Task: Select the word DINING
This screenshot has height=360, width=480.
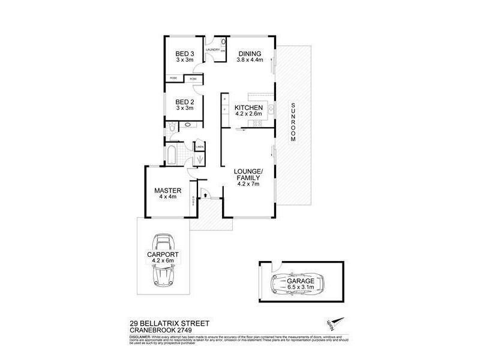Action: point(250,53)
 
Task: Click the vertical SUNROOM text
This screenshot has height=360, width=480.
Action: point(293,122)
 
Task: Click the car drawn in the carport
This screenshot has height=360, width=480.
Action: point(161,260)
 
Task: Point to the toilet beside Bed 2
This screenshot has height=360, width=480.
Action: point(172,127)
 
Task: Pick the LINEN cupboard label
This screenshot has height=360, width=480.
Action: point(199,146)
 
